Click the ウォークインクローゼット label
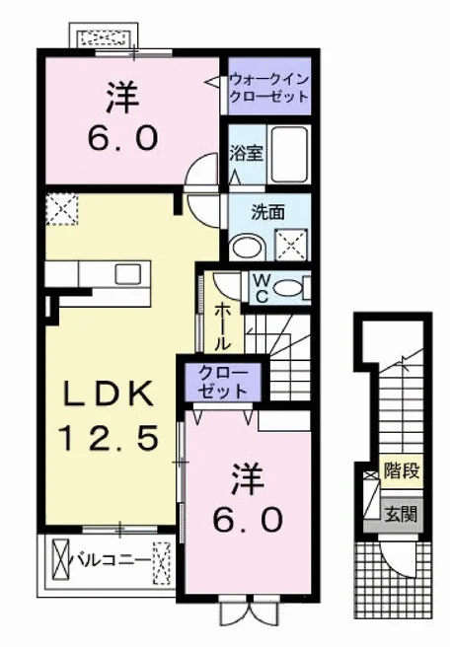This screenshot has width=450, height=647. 269,88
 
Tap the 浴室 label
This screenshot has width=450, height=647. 246,153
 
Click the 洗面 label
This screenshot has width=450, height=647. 268,212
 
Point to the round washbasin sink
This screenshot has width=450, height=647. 248,248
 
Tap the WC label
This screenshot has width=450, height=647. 262,288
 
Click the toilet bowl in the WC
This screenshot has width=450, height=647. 288,287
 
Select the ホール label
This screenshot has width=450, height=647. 223,326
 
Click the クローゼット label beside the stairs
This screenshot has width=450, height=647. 222,382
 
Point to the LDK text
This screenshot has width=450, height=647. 109,395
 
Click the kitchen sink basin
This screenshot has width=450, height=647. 128,274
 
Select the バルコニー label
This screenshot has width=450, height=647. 112,560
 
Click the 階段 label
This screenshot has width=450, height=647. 402,470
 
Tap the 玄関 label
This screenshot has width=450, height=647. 401,514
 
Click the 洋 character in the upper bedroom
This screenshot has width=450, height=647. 122,98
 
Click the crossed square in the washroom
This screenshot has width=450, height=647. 291,245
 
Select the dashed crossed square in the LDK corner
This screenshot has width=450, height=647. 61,209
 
